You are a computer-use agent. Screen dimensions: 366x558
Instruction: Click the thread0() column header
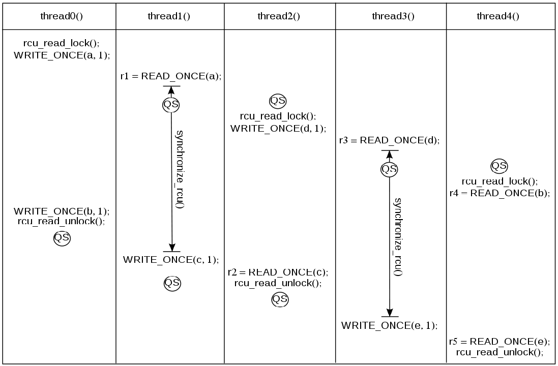[x=62, y=16]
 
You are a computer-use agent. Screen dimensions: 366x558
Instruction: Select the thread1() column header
[x=169, y=16]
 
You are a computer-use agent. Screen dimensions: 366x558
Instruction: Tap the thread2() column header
[x=279, y=16]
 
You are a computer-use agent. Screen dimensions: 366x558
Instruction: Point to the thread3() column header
[x=393, y=16]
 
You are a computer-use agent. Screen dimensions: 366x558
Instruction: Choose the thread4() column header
[x=498, y=16]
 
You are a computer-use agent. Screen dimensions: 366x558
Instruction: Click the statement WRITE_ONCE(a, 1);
[x=62, y=55]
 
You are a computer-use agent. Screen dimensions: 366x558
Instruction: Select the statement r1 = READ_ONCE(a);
[x=171, y=76]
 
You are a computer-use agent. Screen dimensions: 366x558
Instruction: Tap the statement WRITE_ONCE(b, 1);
[x=62, y=211]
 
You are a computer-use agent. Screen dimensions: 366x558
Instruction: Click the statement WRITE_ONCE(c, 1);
[x=171, y=259]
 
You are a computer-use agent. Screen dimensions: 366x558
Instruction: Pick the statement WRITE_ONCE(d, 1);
[x=278, y=128]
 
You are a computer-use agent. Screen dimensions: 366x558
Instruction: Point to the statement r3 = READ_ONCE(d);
[x=389, y=140]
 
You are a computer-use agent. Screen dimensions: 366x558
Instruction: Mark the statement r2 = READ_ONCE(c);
[x=278, y=272]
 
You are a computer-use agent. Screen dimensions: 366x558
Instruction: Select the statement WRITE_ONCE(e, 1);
[x=389, y=325]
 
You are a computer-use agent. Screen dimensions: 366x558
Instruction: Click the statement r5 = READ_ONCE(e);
[x=500, y=342]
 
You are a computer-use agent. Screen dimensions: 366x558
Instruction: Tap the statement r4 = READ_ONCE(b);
[x=500, y=193]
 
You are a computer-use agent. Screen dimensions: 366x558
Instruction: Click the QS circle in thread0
[x=62, y=238]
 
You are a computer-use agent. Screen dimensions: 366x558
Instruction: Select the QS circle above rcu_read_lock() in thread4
[x=498, y=166]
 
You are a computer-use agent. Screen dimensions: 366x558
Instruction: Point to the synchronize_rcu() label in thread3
[x=398, y=236]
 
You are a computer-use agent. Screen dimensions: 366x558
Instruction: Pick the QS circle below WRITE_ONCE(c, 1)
[x=171, y=283]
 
